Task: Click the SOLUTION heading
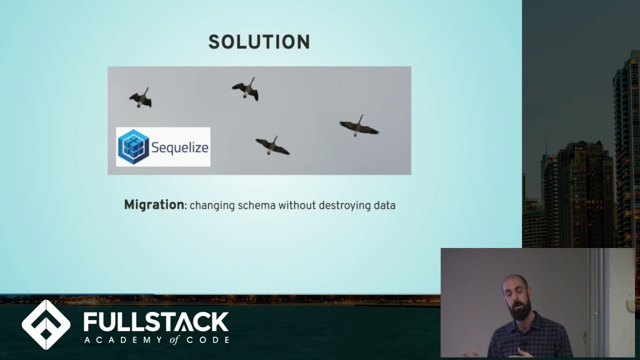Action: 259,42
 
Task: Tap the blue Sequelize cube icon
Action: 133,146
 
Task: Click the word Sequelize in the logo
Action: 179,147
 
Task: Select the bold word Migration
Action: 154,205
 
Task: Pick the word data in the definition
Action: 384,205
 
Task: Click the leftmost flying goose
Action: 141,98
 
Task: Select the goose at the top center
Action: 246,89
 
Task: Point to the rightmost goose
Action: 358,126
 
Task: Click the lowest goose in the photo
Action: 272,145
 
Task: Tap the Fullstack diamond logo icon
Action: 46,324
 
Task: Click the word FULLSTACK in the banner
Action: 156,322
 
